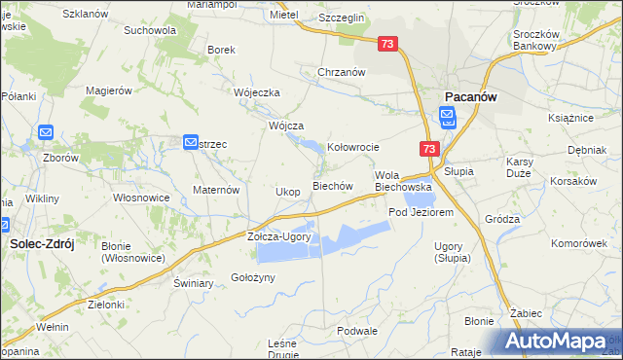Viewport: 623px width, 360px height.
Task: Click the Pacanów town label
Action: pyautogui.click(x=472, y=97)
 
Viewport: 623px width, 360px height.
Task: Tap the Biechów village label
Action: pyautogui.click(x=331, y=185)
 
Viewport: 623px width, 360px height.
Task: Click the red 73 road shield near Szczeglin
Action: pyautogui.click(x=388, y=45)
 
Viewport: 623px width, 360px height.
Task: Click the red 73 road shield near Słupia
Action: pyautogui.click(x=430, y=149)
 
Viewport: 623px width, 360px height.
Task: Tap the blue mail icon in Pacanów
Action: pyautogui.click(x=447, y=119)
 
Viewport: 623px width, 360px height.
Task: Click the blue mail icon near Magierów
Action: pyautogui.click(x=191, y=142)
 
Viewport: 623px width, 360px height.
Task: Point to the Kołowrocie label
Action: pyautogui.click(x=351, y=148)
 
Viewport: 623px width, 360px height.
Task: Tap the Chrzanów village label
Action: pyautogui.click(x=341, y=72)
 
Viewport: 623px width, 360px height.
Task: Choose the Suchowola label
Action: pyautogui.click(x=149, y=30)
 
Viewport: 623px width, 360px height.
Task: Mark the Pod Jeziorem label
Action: pyautogui.click(x=421, y=212)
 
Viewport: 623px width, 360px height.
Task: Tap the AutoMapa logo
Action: pyautogui.click(x=561, y=342)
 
